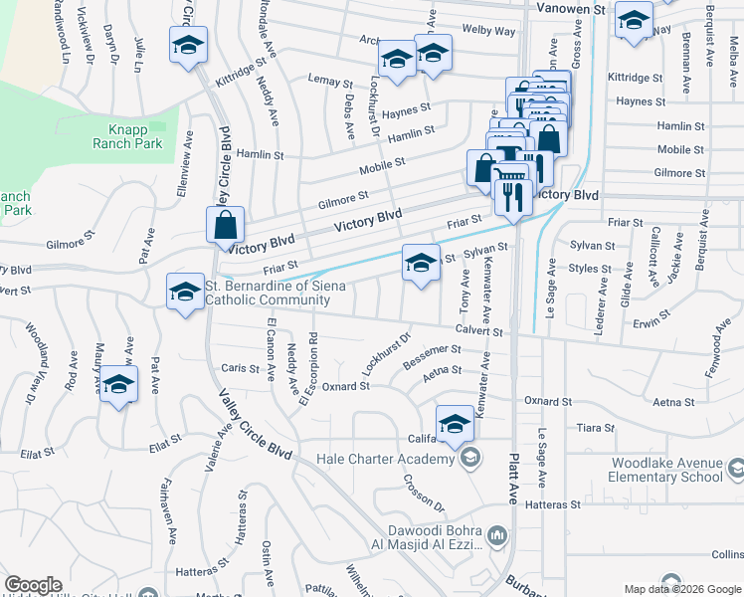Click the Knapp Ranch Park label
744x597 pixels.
[135, 137]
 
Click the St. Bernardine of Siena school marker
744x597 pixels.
[185, 292]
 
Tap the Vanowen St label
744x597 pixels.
[571, 8]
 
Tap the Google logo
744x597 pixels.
[32, 585]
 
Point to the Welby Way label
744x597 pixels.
[490, 31]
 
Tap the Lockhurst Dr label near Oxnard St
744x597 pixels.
[386, 354]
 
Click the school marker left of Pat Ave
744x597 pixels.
[118, 384]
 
